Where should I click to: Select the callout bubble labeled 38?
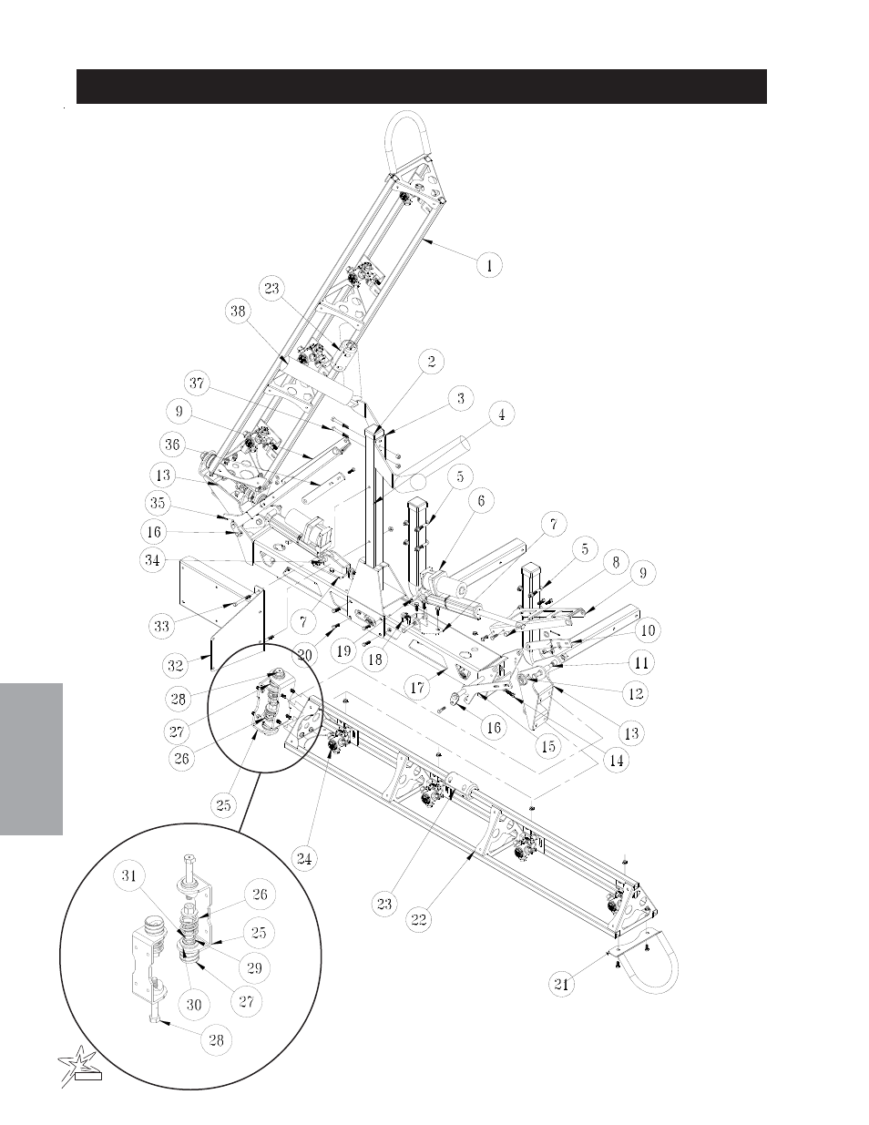238,312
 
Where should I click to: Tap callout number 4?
501,414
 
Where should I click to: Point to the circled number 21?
561,984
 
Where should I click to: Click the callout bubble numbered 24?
304,859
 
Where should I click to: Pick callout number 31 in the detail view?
128,875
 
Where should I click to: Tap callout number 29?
254,967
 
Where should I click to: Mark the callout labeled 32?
176,665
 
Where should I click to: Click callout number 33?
161,626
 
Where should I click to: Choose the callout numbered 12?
636,693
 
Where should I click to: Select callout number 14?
617,761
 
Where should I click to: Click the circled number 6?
481,500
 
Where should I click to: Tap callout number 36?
172,445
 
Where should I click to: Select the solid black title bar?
422,87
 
